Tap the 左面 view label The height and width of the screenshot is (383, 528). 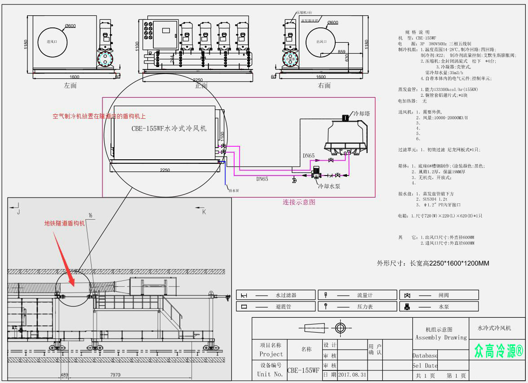pos(71,85)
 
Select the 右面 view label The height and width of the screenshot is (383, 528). pos(324,85)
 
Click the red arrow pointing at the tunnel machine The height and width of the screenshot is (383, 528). pos(63,257)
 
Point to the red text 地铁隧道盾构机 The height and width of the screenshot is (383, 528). pos(64,223)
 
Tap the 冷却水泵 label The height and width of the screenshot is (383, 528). pos(329,185)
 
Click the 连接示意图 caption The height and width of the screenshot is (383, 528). pos(299,202)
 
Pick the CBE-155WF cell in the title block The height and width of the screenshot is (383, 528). pos(303,371)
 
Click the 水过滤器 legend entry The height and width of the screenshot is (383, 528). pos(286,295)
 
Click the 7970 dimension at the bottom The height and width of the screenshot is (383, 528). pos(115,374)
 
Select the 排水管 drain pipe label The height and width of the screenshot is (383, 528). pos(234,190)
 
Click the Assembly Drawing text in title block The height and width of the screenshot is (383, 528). pos(441,338)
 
